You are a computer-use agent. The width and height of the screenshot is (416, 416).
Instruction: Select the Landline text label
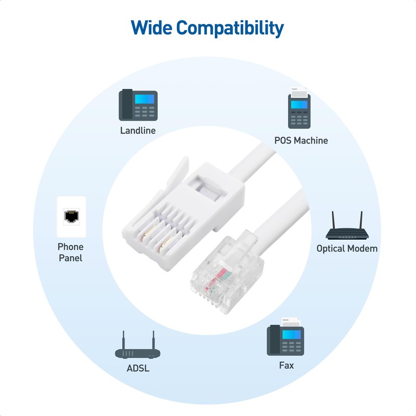tap(138, 131)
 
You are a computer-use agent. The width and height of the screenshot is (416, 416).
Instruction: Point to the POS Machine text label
tap(301, 140)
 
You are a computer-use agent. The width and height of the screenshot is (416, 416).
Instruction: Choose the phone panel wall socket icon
tap(71, 216)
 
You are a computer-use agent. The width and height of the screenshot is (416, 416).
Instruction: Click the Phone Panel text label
tap(70, 252)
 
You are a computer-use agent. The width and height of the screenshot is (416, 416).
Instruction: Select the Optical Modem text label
tap(347, 249)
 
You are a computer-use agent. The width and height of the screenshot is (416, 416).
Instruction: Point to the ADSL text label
tap(138, 369)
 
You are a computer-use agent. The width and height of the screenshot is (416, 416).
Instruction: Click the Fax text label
tap(286, 366)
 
